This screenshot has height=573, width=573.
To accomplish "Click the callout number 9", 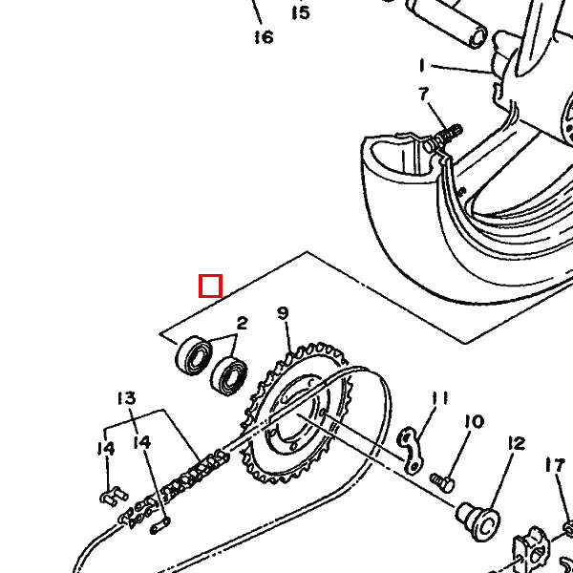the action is [283, 313].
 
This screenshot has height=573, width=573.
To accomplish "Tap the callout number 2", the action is [243, 324].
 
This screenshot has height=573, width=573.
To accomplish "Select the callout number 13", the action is [127, 398].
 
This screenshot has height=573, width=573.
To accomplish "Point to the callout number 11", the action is [440, 398].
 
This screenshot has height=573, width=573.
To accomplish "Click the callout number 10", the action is [475, 422].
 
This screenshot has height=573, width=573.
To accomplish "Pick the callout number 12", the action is [517, 444].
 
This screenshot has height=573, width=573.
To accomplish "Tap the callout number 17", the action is [555, 466].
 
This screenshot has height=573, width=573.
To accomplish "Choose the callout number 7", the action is [423, 94].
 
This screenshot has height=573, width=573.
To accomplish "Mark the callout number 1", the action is [422, 66].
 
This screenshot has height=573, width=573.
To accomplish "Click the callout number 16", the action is [264, 37].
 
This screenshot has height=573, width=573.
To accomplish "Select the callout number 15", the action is [301, 12].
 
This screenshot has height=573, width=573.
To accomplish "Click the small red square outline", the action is [210, 286].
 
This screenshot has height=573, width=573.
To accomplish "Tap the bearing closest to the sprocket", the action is [229, 376].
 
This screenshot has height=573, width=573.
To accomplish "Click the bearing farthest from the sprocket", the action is [194, 356].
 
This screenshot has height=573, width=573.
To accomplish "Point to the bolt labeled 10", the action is [442, 482].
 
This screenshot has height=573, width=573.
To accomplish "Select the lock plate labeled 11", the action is [411, 450].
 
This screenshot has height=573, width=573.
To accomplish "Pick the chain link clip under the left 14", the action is [114, 497].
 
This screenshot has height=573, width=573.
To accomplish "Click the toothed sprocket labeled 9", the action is [297, 413].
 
